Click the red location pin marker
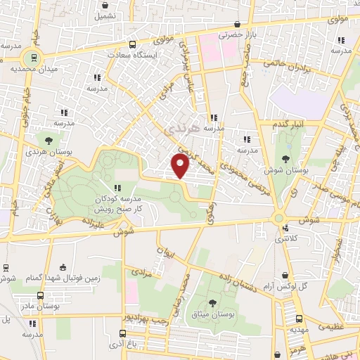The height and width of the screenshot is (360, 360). [x=181, y=165]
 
